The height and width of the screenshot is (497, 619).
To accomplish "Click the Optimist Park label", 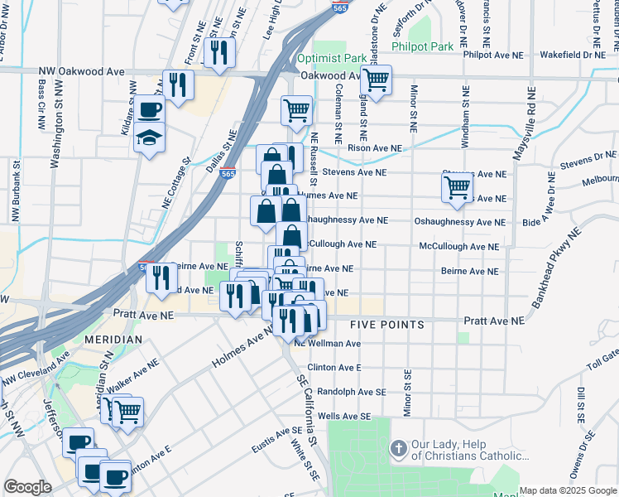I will (331, 58).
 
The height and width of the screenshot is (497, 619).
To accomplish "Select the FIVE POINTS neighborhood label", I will (386, 324).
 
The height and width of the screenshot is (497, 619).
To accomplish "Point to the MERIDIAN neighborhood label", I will (113, 340).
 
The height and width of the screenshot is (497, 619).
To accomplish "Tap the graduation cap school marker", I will (149, 137).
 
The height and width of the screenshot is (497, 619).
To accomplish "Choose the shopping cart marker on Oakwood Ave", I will (376, 81).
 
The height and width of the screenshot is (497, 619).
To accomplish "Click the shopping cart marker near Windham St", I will (457, 187).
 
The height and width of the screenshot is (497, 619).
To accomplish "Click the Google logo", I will (27, 486).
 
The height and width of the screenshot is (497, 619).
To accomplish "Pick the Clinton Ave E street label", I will (334, 367).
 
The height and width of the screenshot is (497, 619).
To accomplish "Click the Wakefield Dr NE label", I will (573, 55).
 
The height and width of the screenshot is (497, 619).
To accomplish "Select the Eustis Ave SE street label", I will (277, 432).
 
